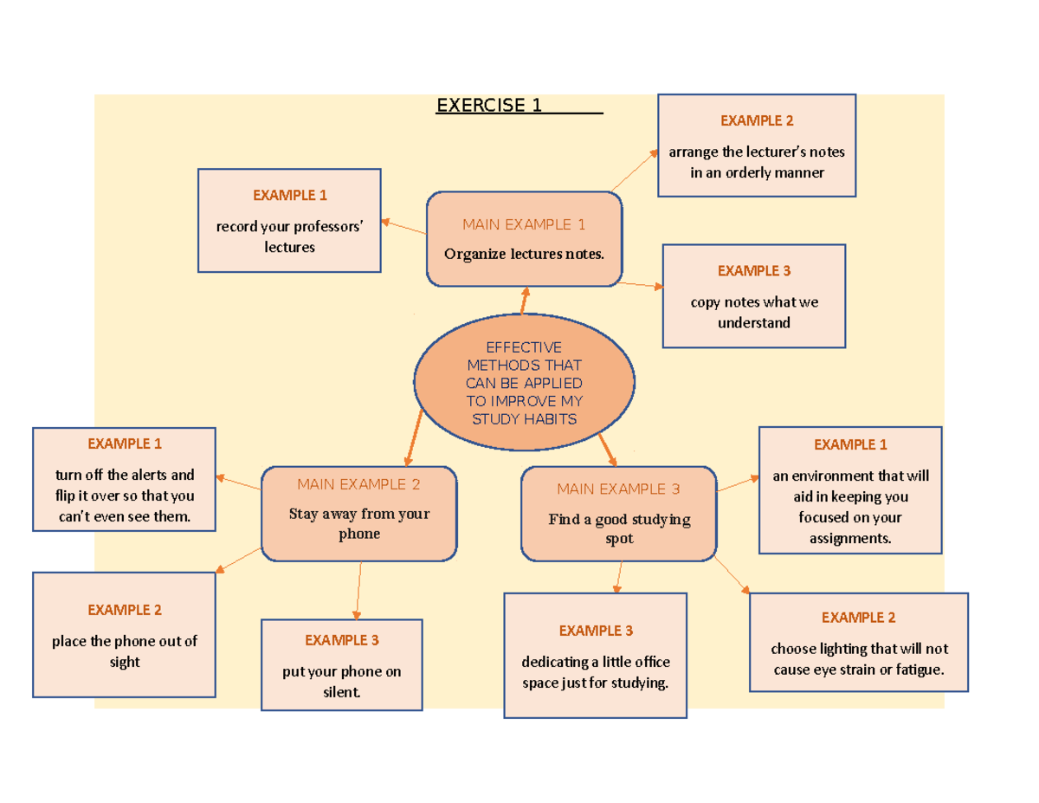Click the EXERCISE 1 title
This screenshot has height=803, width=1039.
click(489, 106)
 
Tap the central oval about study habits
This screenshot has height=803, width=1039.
click(524, 382)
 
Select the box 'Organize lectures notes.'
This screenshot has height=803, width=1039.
click(524, 239)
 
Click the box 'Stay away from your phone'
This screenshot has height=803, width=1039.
click(358, 514)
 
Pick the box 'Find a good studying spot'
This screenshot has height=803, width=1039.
click(619, 514)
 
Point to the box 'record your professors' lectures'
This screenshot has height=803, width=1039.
click(289, 220)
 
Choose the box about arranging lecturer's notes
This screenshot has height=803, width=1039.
click(757, 146)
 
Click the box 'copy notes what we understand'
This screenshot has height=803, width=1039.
click(753, 296)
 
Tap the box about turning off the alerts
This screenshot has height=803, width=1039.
click(124, 479)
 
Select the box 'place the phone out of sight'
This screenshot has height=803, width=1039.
click(124, 635)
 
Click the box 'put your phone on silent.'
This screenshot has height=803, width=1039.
click(342, 665)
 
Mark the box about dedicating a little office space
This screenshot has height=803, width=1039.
click(596, 656)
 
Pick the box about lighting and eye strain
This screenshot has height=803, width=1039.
click(858, 642)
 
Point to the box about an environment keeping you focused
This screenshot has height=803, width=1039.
click(849, 489)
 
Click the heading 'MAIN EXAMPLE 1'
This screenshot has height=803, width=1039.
click(524, 224)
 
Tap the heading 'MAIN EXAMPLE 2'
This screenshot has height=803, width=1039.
click(358, 483)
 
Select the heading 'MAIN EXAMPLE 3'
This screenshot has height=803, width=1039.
click(618, 489)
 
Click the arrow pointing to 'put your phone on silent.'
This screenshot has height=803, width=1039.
click(358, 590)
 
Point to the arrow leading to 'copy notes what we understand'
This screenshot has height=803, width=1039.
click(642, 284)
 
